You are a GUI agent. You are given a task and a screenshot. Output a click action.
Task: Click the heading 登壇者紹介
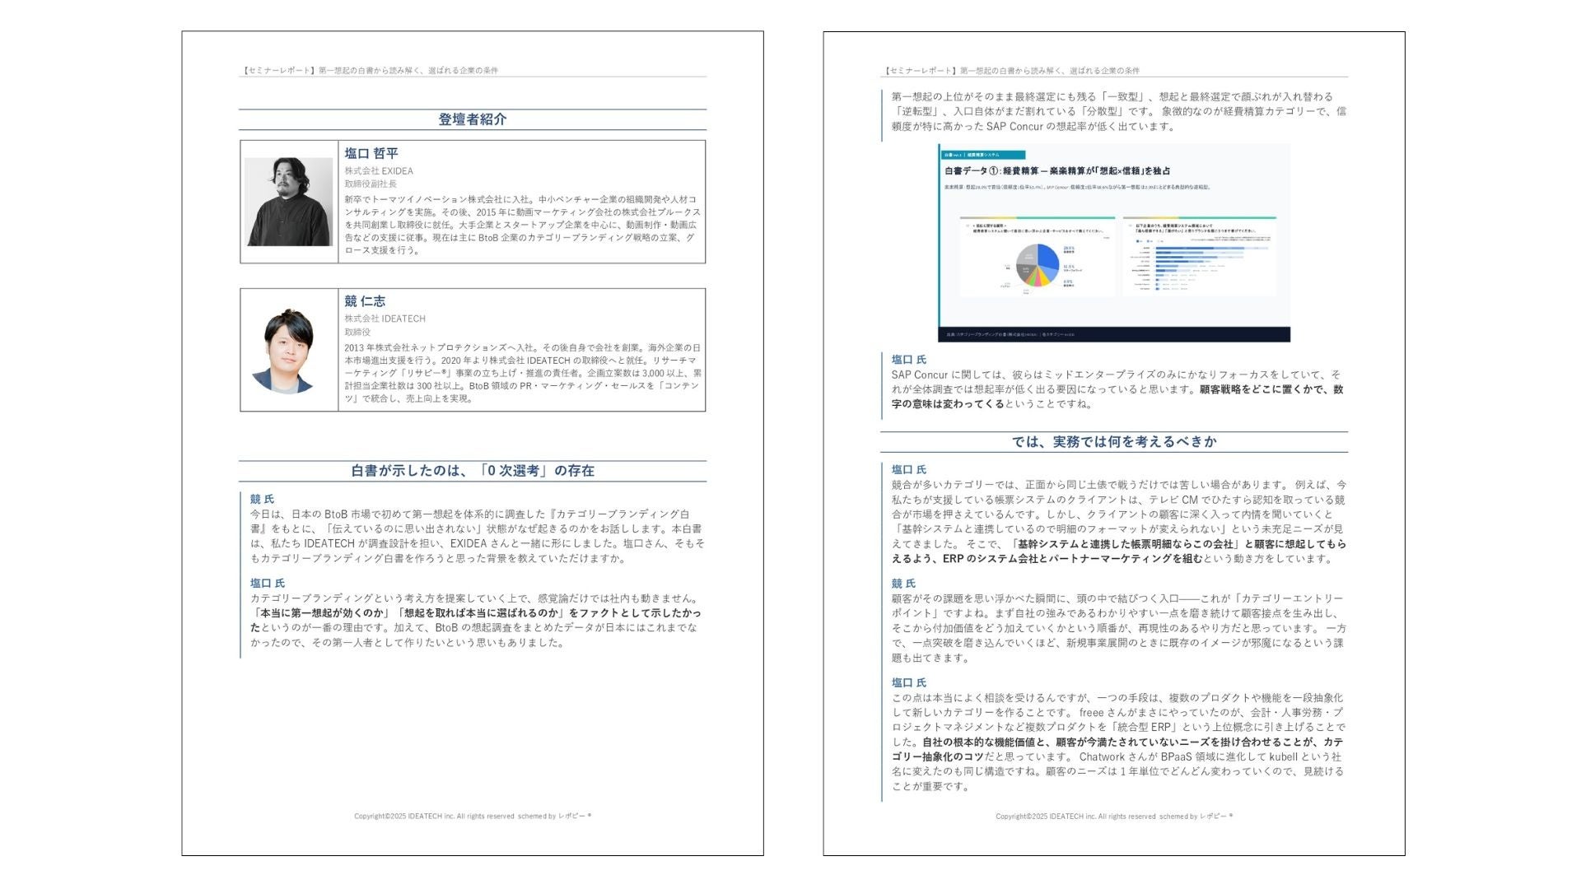[x=472, y=119]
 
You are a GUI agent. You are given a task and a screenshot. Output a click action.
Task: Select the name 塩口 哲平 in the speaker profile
[x=371, y=153]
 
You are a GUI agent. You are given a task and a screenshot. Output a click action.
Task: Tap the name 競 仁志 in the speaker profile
[x=365, y=301]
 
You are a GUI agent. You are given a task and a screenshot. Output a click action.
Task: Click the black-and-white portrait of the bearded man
[x=288, y=202]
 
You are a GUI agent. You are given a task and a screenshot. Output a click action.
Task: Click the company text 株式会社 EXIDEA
[x=379, y=171]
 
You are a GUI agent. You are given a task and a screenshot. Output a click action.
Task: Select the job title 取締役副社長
[x=371, y=184]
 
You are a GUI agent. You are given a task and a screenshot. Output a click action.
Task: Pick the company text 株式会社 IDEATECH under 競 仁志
[x=385, y=319]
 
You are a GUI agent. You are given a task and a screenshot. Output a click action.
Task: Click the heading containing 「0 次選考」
[x=472, y=471]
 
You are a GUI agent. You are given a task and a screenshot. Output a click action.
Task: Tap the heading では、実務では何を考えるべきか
[x=1113, y=442]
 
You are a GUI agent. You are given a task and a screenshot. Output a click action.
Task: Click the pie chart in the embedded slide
[x=1037, y=265]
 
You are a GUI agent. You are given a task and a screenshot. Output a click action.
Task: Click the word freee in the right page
[x=1091, y=713]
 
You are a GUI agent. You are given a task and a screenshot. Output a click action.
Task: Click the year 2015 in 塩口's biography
[x=488, y=212]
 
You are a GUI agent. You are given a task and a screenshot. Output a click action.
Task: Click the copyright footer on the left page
[x=472, y=817]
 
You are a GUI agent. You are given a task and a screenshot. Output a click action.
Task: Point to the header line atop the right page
[x=1012, y=71]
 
